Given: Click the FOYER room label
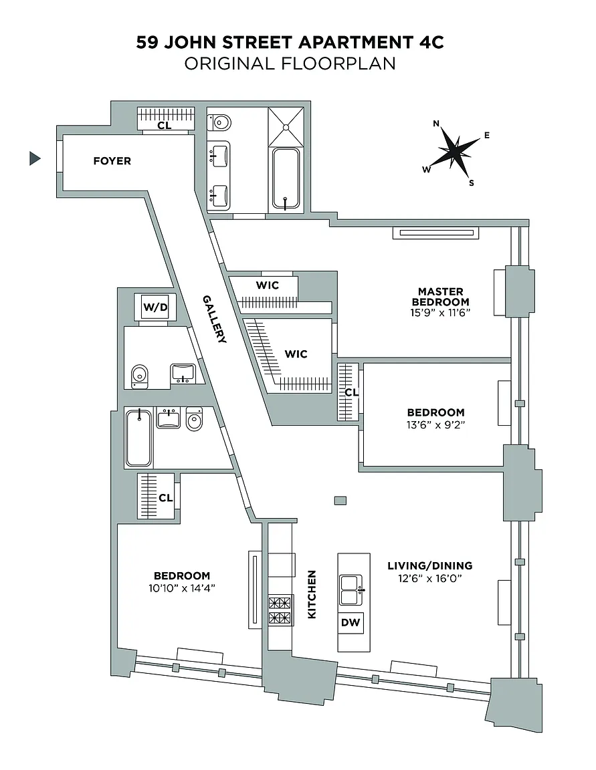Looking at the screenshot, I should (112, 161).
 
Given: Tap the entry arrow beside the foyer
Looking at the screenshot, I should (35, 159).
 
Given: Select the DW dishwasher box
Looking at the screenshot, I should (351, 622).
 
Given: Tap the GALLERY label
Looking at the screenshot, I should (216, 319).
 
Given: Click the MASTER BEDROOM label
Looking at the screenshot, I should (440, 296).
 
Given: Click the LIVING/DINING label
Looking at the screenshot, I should (439, 565).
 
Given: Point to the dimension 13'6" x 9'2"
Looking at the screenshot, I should (435, 424).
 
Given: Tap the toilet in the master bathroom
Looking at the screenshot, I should (220, 122).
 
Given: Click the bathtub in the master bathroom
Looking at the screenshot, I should (286, 178).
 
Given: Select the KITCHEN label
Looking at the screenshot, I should (312, 594).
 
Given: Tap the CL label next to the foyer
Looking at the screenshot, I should (165, 125).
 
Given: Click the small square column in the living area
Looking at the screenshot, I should (340, 500).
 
